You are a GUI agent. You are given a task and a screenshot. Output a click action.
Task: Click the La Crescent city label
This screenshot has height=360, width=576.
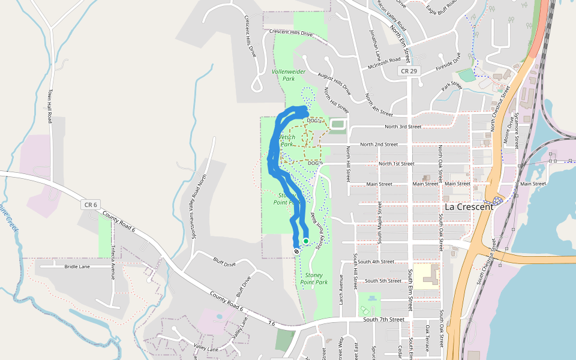click(469, 206)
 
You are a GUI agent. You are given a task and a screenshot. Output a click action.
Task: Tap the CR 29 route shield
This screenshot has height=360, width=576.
click(409, 71)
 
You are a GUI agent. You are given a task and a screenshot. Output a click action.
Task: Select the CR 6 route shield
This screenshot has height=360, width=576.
click(91, 205)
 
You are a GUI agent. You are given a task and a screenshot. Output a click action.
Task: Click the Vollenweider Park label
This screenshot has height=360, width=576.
click(289, 74)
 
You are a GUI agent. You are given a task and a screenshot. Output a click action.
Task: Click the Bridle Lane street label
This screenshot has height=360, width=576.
click(73, 266)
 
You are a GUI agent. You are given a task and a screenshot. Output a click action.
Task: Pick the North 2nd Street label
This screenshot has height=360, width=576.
click(379, 145)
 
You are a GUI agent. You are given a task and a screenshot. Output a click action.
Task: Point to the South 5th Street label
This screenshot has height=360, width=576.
click(383, 281)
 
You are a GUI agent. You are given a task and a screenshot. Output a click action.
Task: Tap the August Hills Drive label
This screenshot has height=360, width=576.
click(334, 85)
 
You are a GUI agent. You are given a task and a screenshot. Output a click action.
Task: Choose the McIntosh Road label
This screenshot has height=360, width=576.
click(384, 61)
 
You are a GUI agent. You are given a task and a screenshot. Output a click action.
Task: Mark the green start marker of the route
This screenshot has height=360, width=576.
click(306, 241)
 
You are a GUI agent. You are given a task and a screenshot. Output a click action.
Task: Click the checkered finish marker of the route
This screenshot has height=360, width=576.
click(296, 251)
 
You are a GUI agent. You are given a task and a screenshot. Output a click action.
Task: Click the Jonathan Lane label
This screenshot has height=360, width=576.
click(376, 43)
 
